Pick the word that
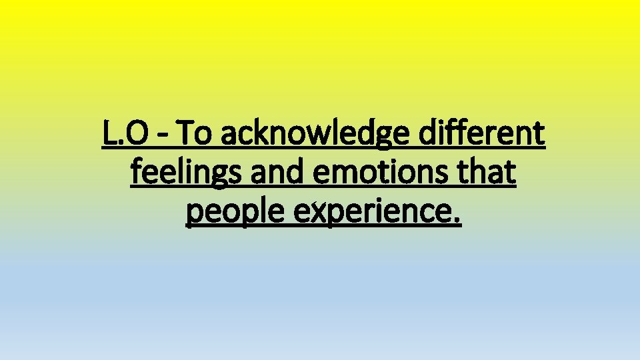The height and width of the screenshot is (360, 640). pos(489,173)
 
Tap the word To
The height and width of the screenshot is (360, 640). pos(195,135)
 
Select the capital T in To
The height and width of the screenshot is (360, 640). pos(187,135)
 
